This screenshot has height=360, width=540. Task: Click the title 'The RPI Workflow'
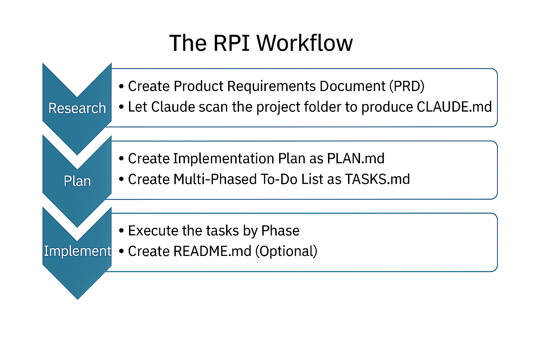261,43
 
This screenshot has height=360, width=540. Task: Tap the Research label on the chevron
77,108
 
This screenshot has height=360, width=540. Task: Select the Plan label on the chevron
77,181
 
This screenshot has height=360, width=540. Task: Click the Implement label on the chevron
77,251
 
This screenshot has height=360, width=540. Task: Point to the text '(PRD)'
407,86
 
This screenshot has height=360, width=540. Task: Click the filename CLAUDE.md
454,107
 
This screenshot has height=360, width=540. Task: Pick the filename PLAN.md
355,159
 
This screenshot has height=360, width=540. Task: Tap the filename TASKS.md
377,179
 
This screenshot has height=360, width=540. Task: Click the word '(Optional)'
286,251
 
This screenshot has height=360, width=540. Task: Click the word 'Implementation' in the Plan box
224,159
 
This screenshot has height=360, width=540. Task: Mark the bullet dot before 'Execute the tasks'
121,231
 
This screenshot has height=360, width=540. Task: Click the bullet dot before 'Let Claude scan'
121,107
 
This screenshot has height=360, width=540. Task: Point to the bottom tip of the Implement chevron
77,298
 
